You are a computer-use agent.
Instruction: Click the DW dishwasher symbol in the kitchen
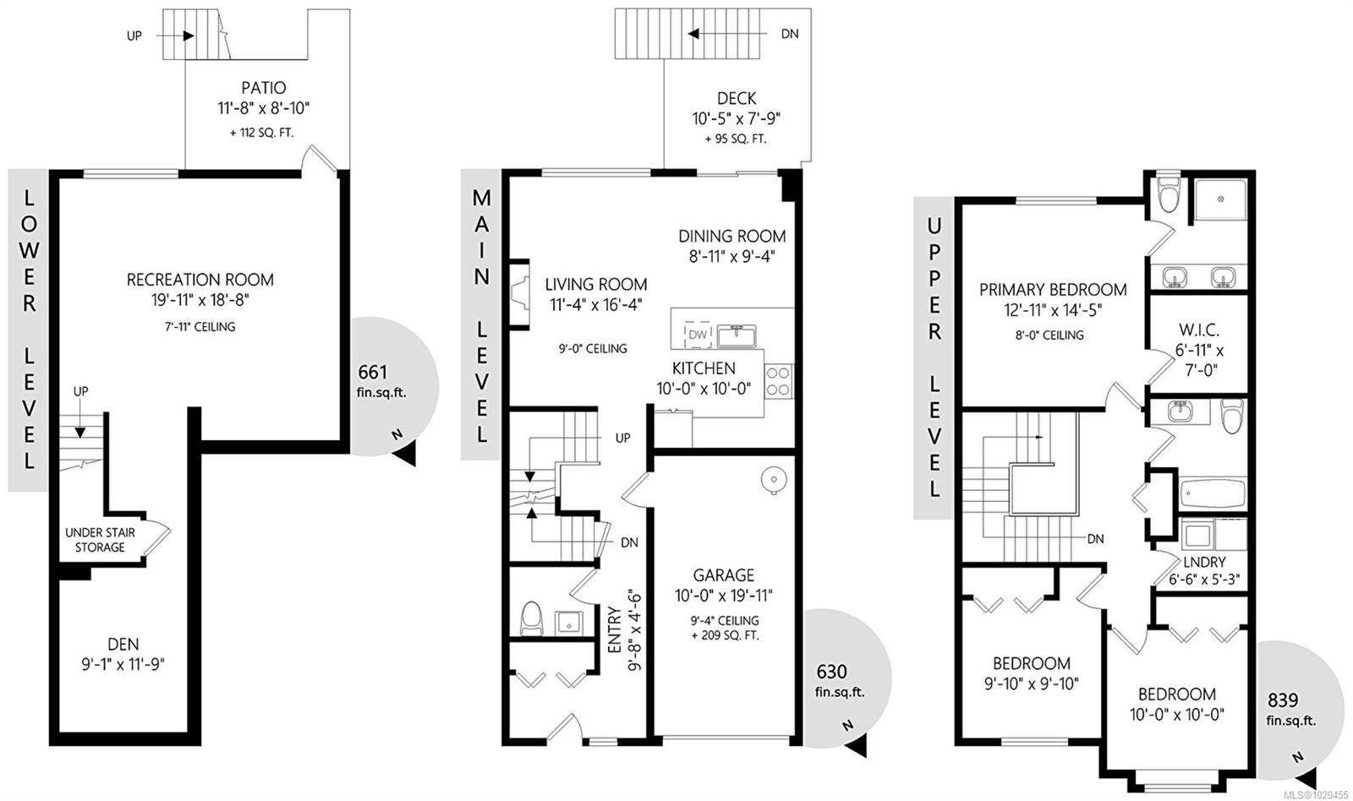(698, 334)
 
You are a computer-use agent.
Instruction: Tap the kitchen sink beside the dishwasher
(737, 335)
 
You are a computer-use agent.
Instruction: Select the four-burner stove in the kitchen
(779, 381)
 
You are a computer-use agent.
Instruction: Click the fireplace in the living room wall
(519, 295)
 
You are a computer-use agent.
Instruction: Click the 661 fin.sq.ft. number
(373, 372)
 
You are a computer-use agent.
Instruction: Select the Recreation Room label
(200, 280)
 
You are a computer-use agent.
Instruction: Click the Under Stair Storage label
(101, 540)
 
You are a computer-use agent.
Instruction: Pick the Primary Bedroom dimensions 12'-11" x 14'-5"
(1053, 310)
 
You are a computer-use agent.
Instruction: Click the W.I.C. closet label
(1199, 330)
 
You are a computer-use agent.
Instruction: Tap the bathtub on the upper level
(1213, 493)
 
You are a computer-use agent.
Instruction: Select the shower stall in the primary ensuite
(1220, 199)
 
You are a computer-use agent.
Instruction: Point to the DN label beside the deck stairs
(790, 34)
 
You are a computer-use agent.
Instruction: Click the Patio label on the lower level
(263, 88)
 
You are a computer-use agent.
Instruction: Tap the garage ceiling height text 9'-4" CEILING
(725, 620)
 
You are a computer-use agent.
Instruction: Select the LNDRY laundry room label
(1204, 562)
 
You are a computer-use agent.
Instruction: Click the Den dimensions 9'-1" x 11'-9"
(123, 665)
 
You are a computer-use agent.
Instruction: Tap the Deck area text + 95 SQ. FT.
(736, 139)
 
